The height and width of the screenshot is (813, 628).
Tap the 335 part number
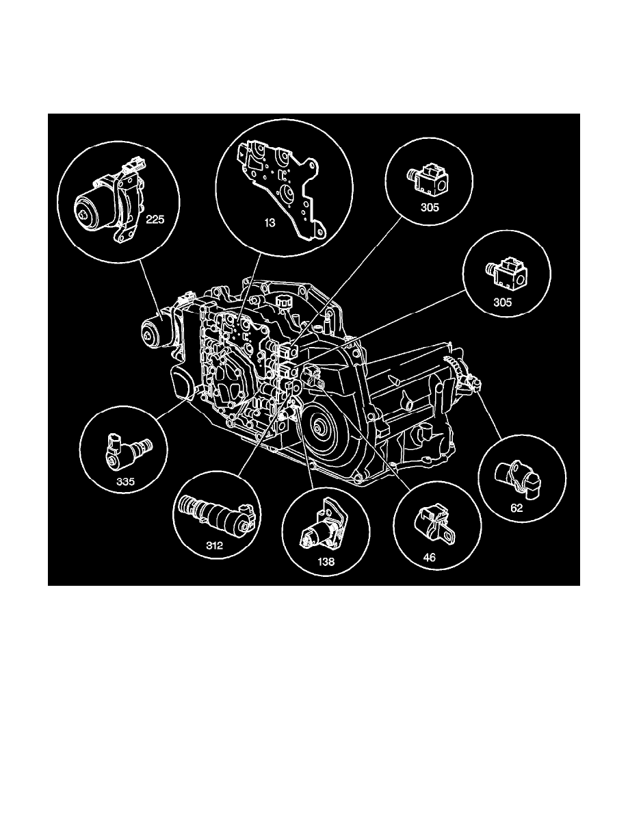(125, 481)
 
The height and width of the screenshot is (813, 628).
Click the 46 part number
(429, 558)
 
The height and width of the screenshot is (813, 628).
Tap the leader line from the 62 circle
(492, 417)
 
